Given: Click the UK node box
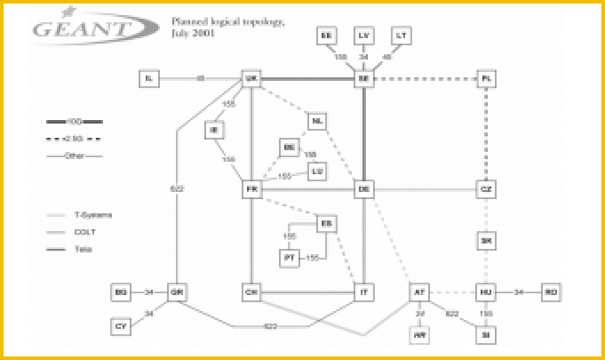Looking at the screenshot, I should click(251, 79).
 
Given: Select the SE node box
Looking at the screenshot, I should click(363, 79).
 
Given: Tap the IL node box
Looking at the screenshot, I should click(149, 79).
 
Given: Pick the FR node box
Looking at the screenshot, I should click(251, 189).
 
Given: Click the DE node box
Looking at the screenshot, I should click(363, 189).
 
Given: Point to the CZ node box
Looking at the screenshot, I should click(485, 189).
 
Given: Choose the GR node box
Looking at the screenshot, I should click(178, 292).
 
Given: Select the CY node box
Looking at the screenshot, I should click(121, 326).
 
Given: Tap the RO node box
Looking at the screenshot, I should click(552, 292).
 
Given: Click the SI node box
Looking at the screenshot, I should click(485, 334).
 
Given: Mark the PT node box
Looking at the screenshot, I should click(289, 258).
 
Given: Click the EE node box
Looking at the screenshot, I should click(326, 35).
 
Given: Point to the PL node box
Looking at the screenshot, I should click(485, 79).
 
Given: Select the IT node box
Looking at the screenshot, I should click(363, 292).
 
